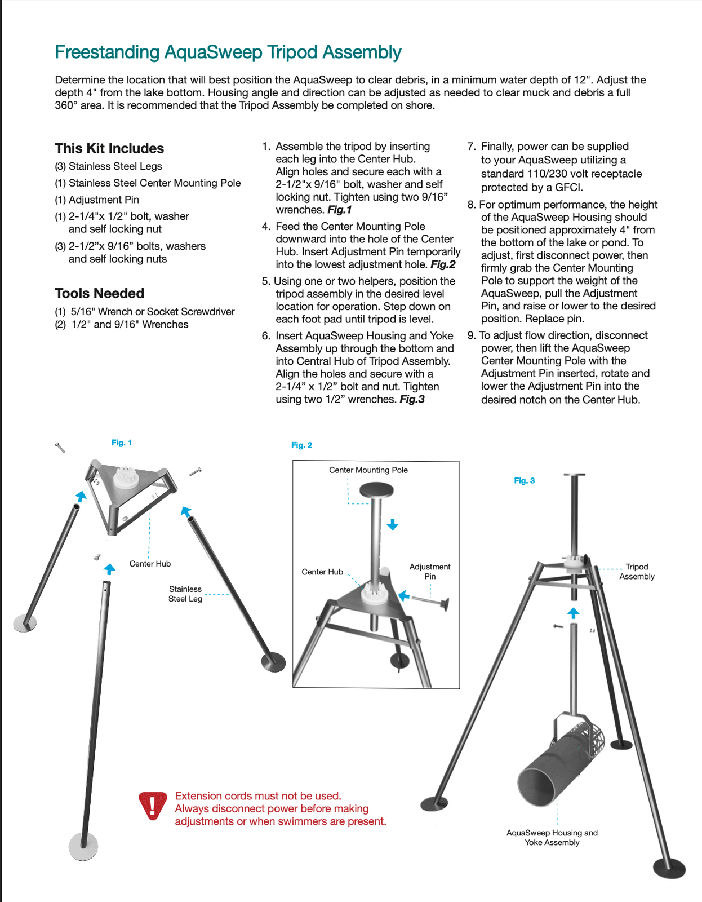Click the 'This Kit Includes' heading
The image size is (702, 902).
(109, 148)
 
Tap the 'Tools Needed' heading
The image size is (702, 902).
(100, 293)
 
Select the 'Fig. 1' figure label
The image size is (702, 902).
(122, 443)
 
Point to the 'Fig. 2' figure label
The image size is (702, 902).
(301, 445)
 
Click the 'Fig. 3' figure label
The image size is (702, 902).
(524, 481)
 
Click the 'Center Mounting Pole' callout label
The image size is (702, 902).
(368, 470)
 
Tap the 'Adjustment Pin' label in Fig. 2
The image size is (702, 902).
(429, 571)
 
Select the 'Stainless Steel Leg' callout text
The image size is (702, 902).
(185, 594)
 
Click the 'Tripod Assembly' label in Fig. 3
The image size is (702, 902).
(637, 572)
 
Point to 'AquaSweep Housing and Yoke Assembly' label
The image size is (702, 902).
(552, 837)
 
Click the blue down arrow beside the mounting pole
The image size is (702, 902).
(393, 525)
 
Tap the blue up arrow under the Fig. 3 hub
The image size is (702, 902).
(573, 613)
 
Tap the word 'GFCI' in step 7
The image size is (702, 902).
(569, 188)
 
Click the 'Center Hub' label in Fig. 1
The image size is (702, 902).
(150, 564)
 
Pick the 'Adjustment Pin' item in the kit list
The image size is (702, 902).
(104, 200)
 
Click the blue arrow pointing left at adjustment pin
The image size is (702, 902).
(403, 595)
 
